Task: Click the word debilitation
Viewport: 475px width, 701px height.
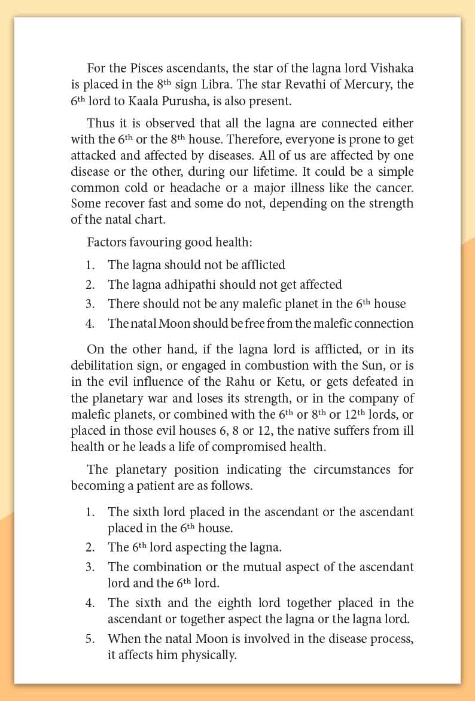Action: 104,365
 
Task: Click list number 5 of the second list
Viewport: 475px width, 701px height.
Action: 90,639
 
